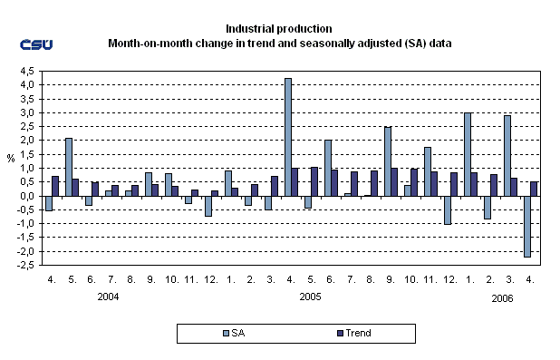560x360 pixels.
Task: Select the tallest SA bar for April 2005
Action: click(x=287, y=137)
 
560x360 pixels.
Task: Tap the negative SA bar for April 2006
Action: click(x=527, y=227)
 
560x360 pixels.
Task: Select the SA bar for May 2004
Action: click(x=69, y=167)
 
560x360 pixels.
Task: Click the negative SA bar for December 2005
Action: click(x=447, y=209)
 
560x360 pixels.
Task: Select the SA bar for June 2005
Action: click(x=327, y=168)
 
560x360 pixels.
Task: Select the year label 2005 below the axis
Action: click(x=309, y=297)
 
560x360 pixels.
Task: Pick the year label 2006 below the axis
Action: click(x=502, y=297)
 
